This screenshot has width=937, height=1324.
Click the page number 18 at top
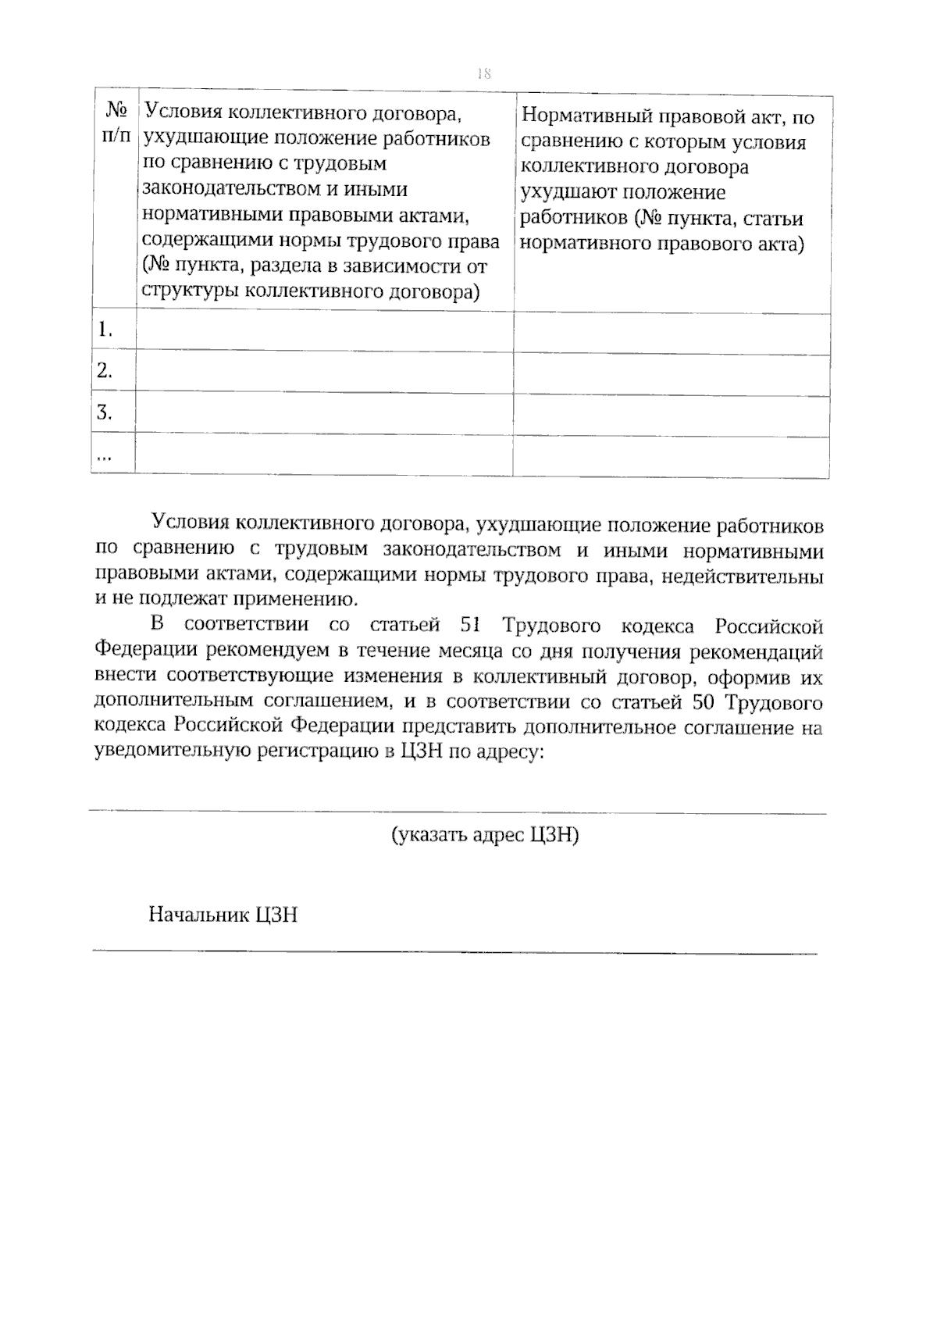[483, 73]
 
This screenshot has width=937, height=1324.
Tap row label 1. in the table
[105, 330]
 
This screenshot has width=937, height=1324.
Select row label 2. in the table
[105, 371]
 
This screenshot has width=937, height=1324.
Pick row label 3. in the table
[105, 412]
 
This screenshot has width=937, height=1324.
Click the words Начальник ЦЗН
[223, 915]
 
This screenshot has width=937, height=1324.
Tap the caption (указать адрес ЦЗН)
[485, 835]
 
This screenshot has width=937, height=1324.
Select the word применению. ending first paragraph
[301, 600]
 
